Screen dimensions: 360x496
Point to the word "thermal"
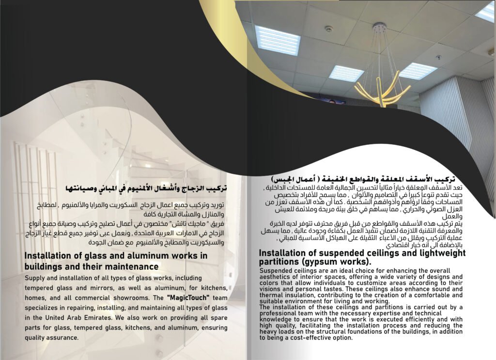tap(272, 295)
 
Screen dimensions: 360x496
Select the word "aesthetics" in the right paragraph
tap(275, 276)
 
